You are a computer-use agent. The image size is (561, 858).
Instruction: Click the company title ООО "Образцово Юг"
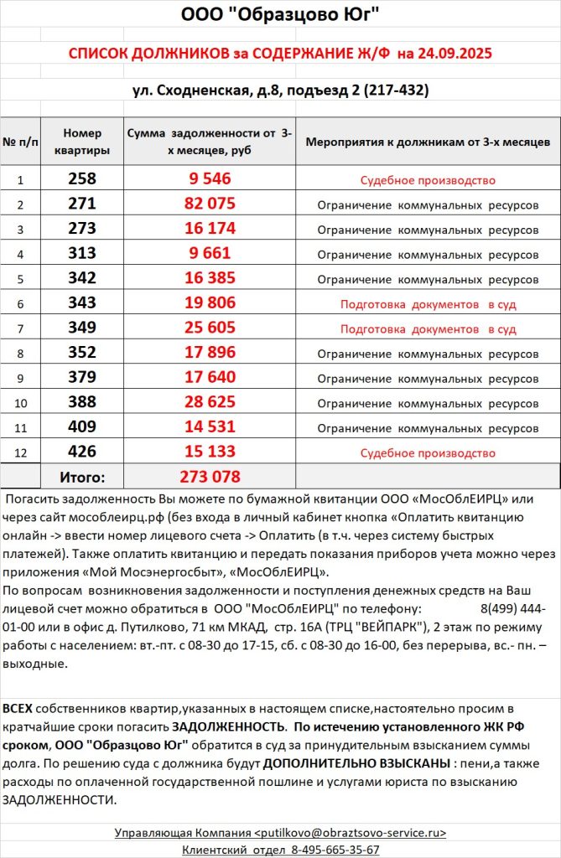click(280, 15)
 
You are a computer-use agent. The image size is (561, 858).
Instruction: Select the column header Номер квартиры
click(82, 141)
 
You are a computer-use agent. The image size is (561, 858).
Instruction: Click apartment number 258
click(82, 179)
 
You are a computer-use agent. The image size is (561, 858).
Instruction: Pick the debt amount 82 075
click(210, 204)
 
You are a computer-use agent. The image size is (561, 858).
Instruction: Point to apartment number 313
click(82, 254)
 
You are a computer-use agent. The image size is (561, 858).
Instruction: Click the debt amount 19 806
click(210, 304)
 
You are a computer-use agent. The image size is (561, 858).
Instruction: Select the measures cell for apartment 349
click(428, 329)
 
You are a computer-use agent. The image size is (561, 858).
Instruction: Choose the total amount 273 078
click(210, 478)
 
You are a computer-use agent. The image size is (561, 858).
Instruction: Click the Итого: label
click(82, 478)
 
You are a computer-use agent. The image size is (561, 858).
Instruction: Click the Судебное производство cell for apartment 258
click(428, 180)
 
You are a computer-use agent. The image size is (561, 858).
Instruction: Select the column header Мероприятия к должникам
click(428, 141)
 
